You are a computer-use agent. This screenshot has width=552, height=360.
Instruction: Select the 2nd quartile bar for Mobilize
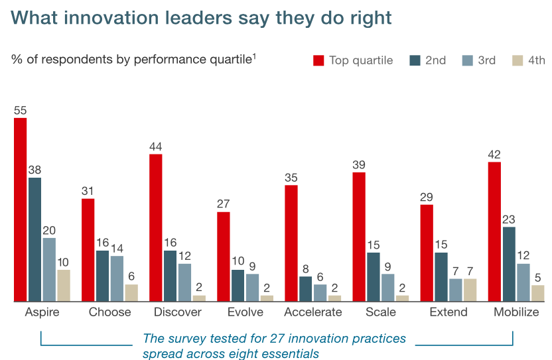509,265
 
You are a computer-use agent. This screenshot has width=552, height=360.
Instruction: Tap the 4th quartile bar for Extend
470,290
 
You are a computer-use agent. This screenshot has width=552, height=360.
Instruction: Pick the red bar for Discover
156,228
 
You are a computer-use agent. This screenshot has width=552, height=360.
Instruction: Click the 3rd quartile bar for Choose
117,278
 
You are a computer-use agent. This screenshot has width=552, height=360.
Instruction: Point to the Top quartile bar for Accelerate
291,243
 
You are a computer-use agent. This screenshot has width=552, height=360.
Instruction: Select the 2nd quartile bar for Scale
374,277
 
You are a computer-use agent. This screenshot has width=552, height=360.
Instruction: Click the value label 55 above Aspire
21,111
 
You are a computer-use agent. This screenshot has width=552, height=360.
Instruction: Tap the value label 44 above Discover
156,147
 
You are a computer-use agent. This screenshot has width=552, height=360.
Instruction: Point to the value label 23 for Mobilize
509,219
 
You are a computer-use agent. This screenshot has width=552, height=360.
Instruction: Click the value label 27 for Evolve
224,204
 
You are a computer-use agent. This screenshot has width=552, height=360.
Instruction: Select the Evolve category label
245,312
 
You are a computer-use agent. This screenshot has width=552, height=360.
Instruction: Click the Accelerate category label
312,312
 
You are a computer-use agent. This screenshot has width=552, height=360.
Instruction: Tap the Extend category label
448,312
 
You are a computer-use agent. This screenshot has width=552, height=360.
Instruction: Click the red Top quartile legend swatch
318,60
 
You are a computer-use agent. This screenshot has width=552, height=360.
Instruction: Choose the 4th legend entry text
537,60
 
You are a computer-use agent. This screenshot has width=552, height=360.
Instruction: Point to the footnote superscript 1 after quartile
254,57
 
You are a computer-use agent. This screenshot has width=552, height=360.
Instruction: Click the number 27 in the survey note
277,339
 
